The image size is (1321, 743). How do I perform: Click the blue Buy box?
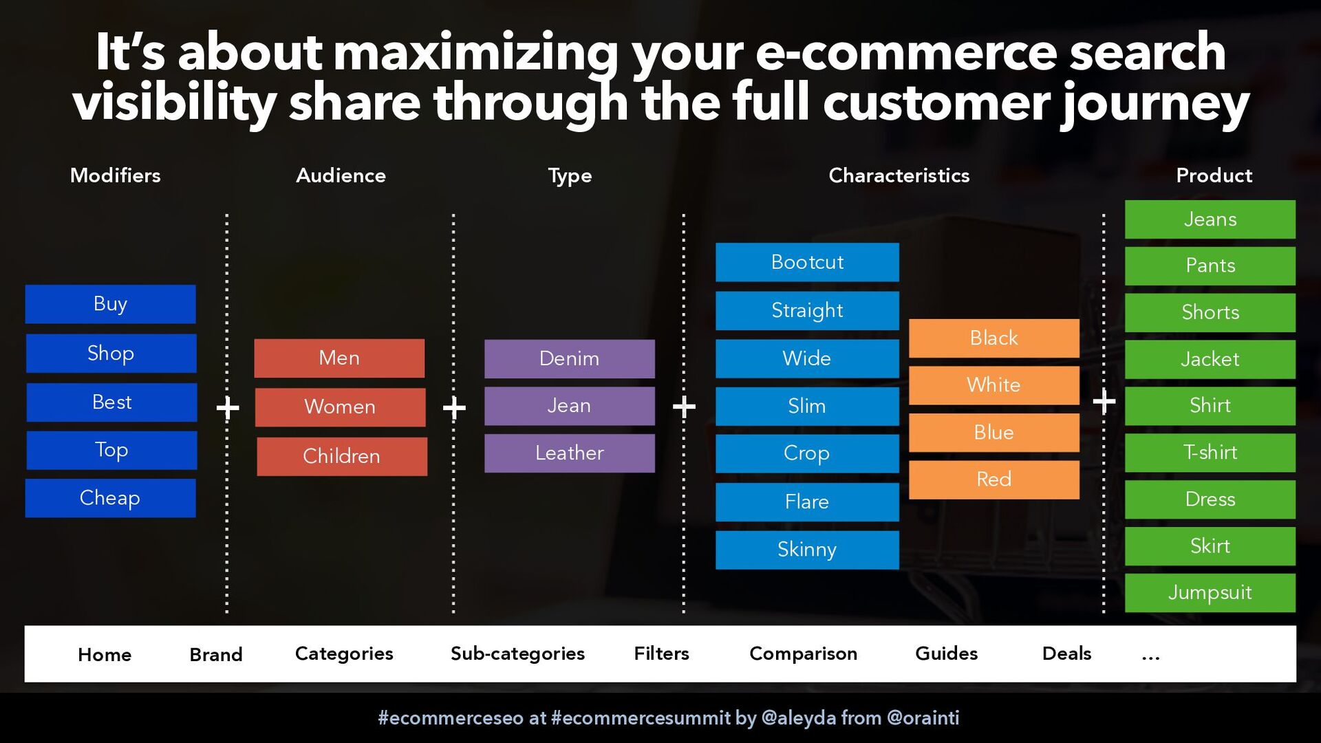[110, 304]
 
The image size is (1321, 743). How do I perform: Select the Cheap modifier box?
[110, 498]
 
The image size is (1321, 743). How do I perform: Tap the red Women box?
[340, 407]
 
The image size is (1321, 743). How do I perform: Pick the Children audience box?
[342, 456]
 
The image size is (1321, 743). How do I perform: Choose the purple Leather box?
[570, 453]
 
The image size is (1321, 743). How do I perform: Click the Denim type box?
[570, 358]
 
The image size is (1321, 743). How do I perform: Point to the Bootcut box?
[807, 262]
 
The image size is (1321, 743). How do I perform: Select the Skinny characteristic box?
[807, 550]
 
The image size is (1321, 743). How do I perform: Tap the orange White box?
[994, 385]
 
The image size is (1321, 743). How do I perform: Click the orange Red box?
[994, 480]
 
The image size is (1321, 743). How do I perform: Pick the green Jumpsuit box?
[1210, 593]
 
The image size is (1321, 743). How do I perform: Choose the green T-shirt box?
[1210, 453]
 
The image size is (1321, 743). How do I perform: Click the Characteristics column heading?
[899, 175]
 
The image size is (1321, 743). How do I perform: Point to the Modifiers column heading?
[116, 175]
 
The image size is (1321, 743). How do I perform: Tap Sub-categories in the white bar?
[517, 654]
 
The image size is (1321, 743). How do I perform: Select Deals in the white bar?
[1066, 654]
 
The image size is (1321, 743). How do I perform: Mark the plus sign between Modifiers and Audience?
[228, 408]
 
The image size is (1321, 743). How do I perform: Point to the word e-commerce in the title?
[906, 52]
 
